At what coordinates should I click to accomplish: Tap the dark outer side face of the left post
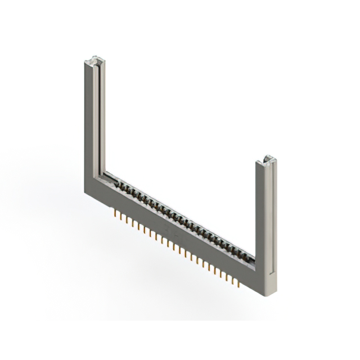tap(87, 124)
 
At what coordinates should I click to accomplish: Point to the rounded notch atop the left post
tap(96, 58)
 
